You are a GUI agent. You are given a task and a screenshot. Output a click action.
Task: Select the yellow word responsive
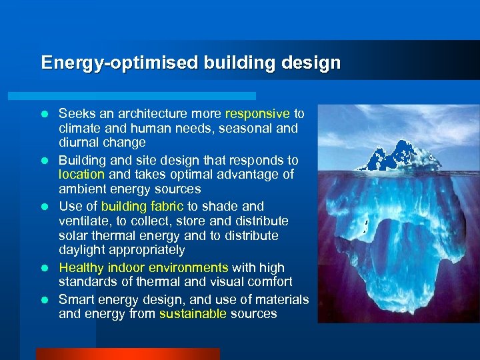click(257, 113)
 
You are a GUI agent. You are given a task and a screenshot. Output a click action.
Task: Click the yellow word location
click(81, 175)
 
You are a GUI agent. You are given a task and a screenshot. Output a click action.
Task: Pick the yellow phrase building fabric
click(142, 207)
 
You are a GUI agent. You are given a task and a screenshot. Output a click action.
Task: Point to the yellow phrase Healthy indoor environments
click(143, 268)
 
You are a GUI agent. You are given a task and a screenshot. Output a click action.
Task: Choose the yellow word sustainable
click(193, 314)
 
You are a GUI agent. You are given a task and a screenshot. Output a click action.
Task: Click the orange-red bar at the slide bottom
click(127, 353)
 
